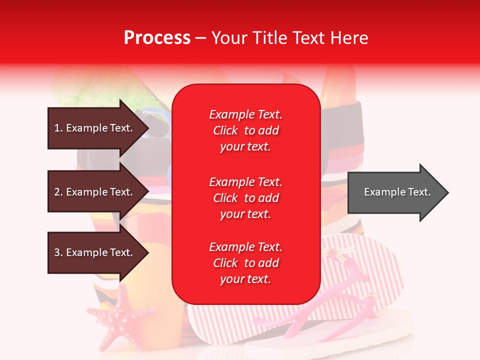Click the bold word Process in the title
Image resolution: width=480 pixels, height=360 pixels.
[x=157, y=38]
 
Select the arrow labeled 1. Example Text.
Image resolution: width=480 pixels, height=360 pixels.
[x=95, y=128]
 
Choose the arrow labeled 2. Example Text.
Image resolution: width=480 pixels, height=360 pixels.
[x=95, y=192]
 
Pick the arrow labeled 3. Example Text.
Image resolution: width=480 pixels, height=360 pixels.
[x=95, y=252]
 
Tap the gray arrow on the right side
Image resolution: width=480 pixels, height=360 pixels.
[x=395, y=192]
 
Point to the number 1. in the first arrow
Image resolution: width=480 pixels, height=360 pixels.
[x=58, y=128]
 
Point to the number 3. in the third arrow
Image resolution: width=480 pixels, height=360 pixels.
[x=58, y=252]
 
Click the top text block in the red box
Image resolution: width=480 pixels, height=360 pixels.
[x=245, y=130]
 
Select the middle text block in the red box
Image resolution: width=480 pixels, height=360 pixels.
[x=245, y=198]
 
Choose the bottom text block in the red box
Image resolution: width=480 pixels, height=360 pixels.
[x=245, y=263]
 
